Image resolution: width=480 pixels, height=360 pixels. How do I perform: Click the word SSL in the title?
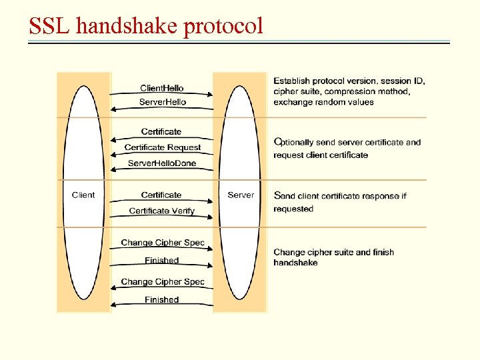click(50, 26)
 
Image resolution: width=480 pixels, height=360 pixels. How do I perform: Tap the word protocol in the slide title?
click(223, 27)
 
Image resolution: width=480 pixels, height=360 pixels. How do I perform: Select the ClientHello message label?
click(161, 88)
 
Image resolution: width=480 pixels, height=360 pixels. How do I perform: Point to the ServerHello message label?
click(162, 102)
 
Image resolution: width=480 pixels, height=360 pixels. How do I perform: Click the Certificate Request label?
click(162, 147)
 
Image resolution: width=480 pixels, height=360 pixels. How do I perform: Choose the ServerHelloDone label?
click(162, 163)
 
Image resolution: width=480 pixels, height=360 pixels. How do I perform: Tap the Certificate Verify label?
click(162, 211)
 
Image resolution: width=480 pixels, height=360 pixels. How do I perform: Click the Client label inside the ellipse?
click(83, 195)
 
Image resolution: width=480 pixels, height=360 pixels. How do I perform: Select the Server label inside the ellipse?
click(241, 195)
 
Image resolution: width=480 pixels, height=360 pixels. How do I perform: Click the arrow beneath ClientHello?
click(162, 95)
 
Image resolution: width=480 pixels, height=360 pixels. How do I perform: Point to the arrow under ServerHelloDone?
click(162, 171)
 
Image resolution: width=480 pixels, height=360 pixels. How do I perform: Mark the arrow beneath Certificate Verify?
click(162, 218)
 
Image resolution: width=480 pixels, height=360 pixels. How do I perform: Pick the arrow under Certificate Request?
click(162, 155)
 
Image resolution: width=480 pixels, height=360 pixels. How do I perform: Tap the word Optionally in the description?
click(299, 142)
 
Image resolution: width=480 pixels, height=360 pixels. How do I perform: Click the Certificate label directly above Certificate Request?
click(161, 131)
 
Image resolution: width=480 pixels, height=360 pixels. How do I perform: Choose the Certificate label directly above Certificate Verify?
click(161, 195)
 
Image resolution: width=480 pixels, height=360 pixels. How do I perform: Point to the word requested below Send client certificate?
click(293, 209)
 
